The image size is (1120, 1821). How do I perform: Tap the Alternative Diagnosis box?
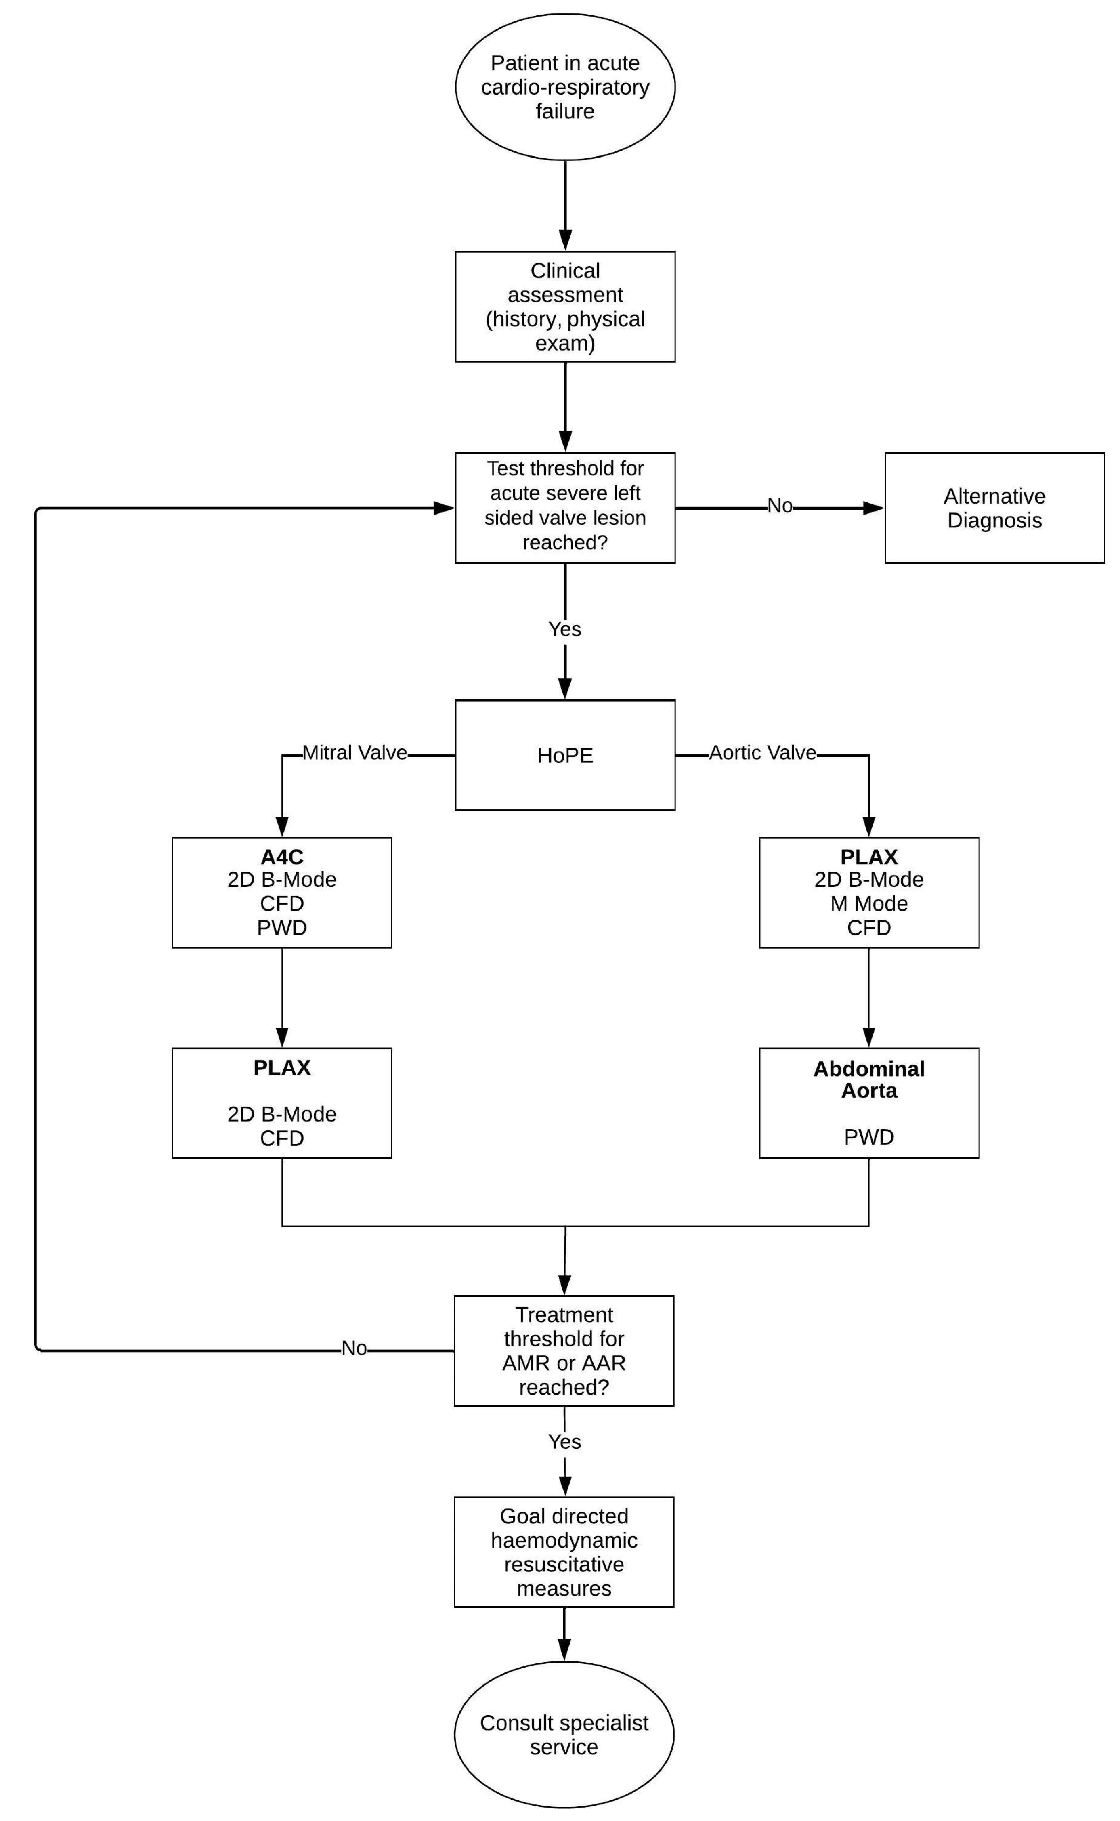[994, 508]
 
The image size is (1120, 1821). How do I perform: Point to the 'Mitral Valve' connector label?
[355, 753]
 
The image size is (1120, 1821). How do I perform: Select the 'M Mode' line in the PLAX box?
[869, 904]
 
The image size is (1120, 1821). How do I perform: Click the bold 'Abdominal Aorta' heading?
[869, 1080]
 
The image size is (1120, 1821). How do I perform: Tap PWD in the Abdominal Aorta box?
[869, 1137]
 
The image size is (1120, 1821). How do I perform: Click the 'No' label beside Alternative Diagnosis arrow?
[780, 506]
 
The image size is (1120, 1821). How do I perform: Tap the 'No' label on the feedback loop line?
[354, 1348]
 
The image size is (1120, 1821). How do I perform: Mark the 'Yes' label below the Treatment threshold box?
[564, 1442]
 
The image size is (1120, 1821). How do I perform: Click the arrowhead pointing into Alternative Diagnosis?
[874, 508]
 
